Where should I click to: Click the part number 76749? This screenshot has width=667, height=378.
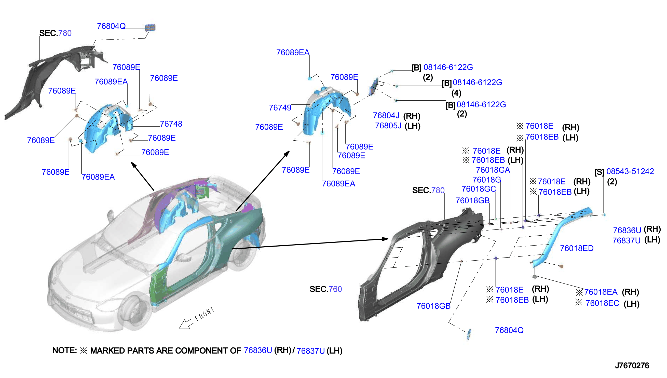click(280, 107)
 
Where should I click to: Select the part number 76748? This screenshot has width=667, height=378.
click(171, 124)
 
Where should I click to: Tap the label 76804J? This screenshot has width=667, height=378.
click(386, 116)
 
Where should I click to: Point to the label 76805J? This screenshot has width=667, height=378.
click(388, 126)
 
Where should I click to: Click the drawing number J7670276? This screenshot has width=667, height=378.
click(632, 366)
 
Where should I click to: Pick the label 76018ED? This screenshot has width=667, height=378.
click(577, 248)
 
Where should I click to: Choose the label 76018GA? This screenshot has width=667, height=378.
click(493, 170)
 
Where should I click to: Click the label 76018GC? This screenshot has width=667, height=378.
click(479, 189)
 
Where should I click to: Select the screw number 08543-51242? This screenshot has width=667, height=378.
click(630, 171)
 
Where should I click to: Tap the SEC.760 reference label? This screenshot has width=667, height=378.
click(326, 289)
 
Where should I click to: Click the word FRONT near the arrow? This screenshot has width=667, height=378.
click(205, 314)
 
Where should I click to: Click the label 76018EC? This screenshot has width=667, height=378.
click(602, 303)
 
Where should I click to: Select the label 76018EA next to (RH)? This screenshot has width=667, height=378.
click(601, 292)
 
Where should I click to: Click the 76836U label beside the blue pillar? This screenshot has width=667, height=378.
click(627, 230)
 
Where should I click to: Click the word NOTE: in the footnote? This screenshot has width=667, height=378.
click(65, 350)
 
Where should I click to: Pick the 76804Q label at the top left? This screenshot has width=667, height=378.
click(111, 26)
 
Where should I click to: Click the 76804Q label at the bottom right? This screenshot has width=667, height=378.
click(509, 330)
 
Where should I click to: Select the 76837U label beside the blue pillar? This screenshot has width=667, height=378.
click(627, 241)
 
